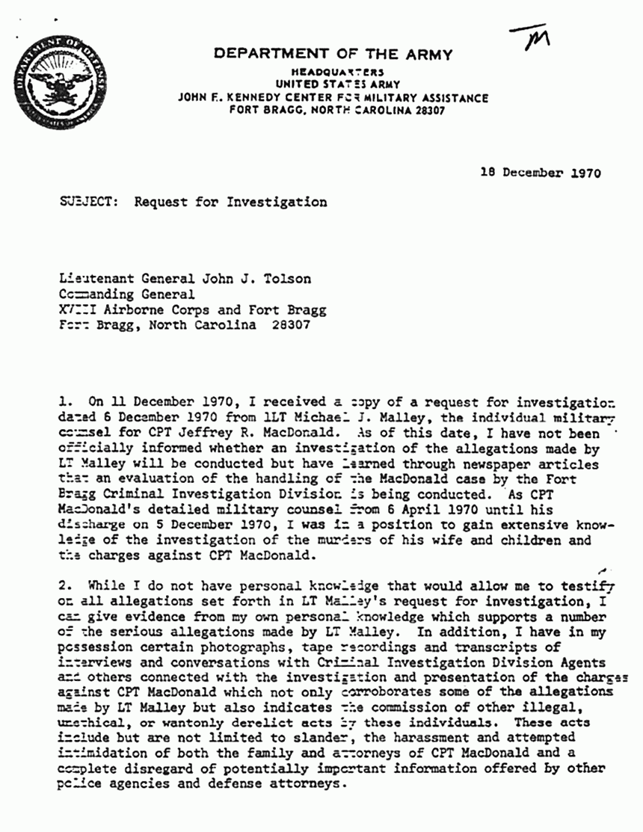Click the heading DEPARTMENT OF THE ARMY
[333, 54]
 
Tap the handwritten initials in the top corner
[530, 40]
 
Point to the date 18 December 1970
[541, 173]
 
